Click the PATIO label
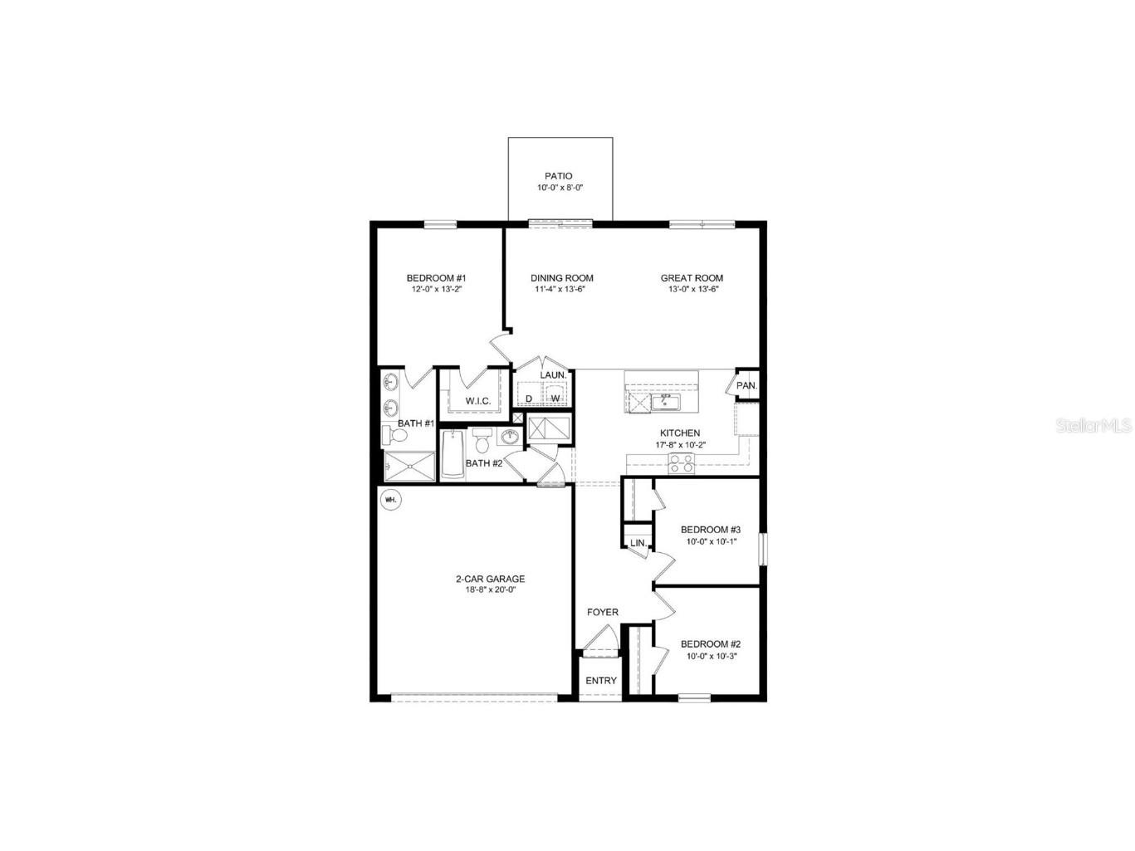point(558,176)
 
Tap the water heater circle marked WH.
point(390,500)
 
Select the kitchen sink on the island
point(664,403)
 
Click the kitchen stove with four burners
point(682,464)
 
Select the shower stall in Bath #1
point(410,466)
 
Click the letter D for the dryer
point(529,399)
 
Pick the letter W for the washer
point(555,399)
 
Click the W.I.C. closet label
point(477,401)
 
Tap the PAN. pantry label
point(746,386)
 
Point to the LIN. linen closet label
point(638,543)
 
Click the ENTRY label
point(601,681)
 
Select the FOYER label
point(603,613)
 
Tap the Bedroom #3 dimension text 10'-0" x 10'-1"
point(711,541)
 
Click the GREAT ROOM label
point(692,278)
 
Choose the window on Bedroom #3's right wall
point(763,550)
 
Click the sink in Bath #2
point(510,438)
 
